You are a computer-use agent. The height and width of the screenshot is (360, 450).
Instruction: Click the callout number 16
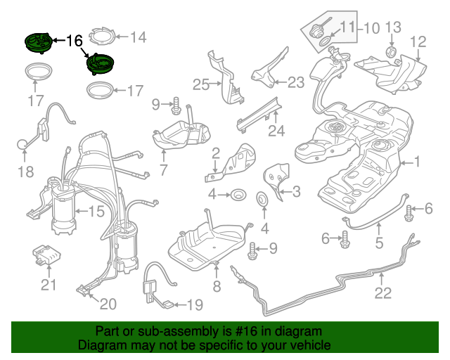tap(75, 41)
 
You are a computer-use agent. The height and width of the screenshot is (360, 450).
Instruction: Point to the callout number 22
tap(382, 293)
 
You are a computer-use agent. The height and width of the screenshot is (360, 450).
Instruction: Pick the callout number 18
tap(25, 172)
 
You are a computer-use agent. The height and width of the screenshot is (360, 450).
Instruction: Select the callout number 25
tap(202, 85)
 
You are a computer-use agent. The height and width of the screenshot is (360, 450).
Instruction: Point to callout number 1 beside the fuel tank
tap(416, 163)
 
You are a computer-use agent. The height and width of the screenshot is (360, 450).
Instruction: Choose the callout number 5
tap(379, 244)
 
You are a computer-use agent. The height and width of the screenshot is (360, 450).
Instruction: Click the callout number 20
tap(108, 304)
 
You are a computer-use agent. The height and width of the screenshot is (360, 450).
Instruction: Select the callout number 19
tap(193, 305)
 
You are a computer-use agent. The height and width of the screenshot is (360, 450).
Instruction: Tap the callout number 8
tap(217, 286)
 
